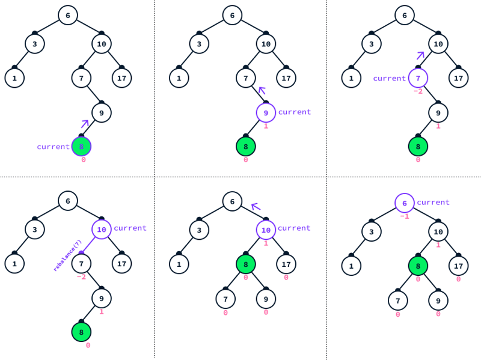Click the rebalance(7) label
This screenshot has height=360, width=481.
coord(67,255)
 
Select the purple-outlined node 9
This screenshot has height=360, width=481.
coord(266,112)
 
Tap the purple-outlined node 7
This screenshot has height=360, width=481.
coord(418,78)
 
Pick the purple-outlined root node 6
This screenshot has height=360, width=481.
coord(404,203)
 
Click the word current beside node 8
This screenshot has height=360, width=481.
coord(53,147)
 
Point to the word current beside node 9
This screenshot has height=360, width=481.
coord(295,112)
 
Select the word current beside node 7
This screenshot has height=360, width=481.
coord(389,79)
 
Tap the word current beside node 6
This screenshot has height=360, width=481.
coord(433,203)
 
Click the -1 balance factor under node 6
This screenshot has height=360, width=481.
coord(404,216)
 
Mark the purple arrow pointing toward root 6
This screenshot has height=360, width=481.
coord(256,207)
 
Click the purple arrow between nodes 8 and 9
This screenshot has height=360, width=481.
coord(85,124)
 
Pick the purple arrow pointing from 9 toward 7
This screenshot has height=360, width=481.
coord(262,90)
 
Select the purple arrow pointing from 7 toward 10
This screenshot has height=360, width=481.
coord(420,55)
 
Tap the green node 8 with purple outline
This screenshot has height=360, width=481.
coord(81,147)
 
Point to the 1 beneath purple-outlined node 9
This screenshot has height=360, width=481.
coord(266,126)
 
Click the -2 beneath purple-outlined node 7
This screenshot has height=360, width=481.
coord(418,91)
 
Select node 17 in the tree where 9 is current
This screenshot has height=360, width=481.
coord(286,78)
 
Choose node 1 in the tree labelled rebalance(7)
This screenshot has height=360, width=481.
coord(14,264)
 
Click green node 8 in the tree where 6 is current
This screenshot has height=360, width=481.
coord(418,266)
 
